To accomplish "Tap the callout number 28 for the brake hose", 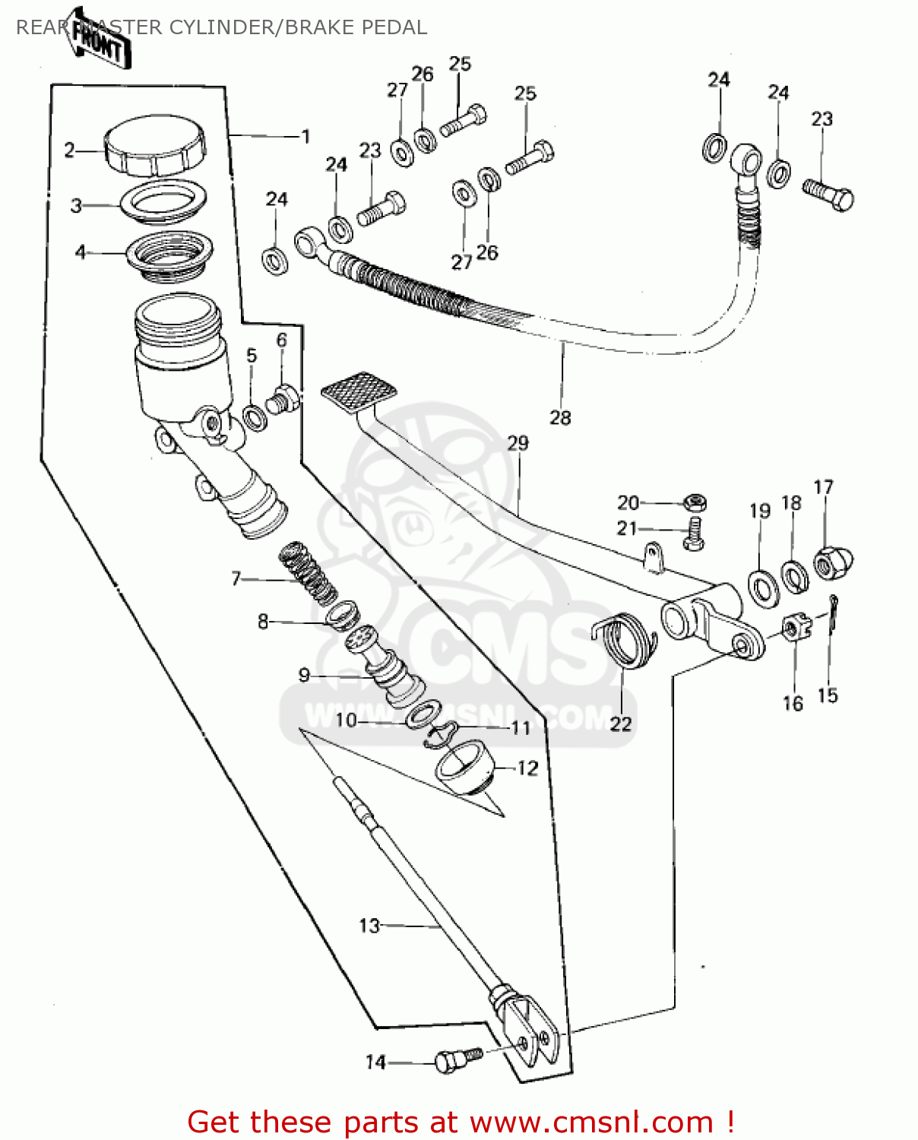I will [x=560, y=417].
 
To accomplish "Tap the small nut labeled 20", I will [x=695, y=502].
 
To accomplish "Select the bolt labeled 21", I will [x=693, y=533].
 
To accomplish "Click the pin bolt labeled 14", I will [x=455, y=1059].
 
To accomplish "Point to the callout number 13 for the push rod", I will [x=369, y=926].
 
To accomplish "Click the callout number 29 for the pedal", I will [x=518, y=443].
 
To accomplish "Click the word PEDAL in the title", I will [x=394, y=27].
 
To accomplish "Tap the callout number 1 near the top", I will [x=305, y=137].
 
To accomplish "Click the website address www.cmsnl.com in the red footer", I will [x=591, y=1122].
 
